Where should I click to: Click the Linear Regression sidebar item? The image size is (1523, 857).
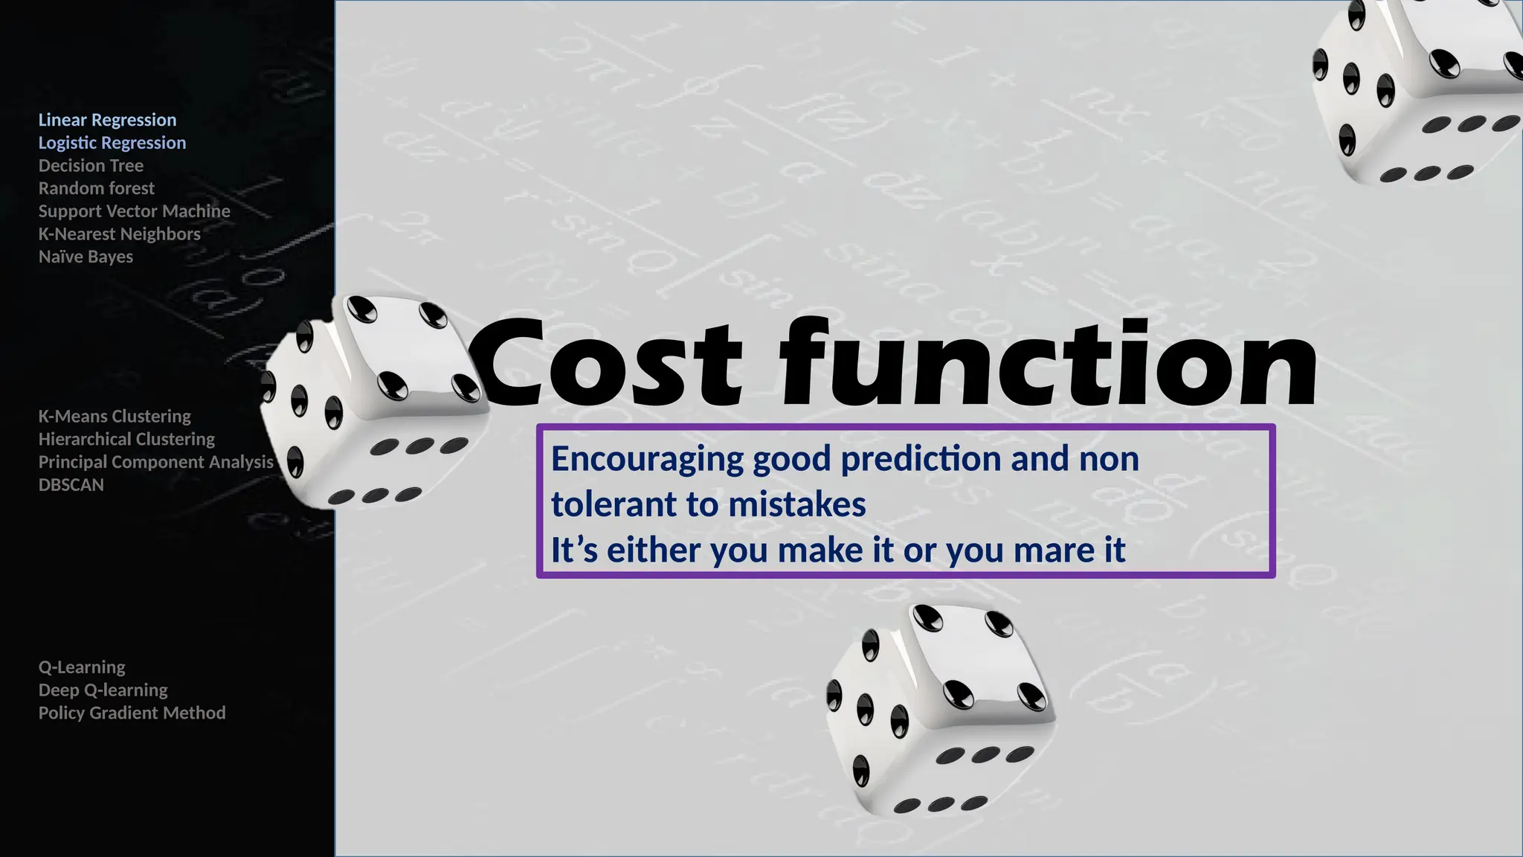coord(107,120)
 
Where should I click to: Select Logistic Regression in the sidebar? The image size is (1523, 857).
coord(112,143)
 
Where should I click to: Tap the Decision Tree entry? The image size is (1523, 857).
coord(91,165)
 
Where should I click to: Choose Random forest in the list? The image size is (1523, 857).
coord(97,188)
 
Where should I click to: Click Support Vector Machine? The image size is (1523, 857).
coord(135,211)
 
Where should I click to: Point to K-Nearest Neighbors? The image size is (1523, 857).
coord(120,234)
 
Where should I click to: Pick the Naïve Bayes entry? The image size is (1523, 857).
coord(86,257)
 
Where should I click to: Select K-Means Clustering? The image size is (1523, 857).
coord(115,416)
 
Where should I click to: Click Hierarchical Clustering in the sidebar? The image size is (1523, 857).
coord(126,439)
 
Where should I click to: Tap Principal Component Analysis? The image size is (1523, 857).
coord(156,462)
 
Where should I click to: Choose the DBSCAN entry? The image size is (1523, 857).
coord(71,484)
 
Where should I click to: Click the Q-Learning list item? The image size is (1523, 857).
coord(82,667)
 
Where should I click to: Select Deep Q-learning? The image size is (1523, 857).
coord(103,690)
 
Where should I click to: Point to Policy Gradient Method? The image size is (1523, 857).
coord(132,713)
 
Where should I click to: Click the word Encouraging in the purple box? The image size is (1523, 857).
coord(647,459)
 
